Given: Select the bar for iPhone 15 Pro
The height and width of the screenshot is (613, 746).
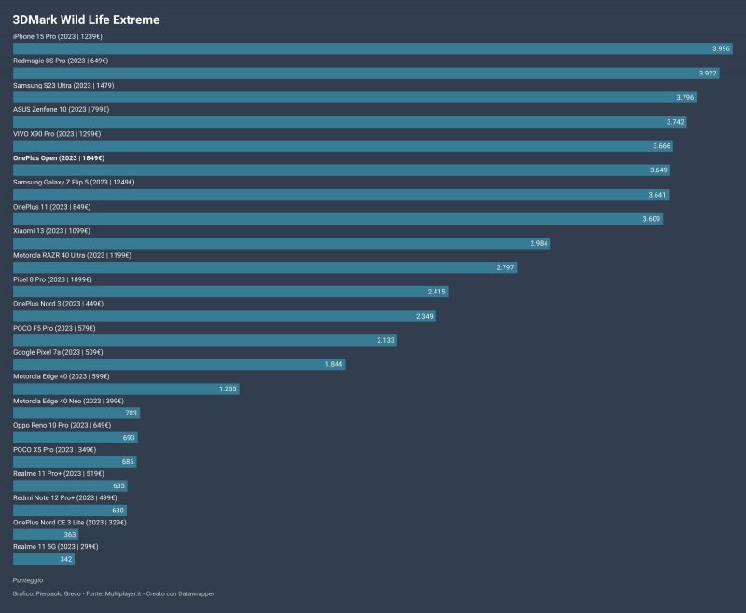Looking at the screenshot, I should pos(372,48).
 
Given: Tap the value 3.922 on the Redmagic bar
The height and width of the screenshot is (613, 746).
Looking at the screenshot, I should pos(708,73).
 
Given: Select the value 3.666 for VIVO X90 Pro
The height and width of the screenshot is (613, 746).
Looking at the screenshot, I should pos(661,145).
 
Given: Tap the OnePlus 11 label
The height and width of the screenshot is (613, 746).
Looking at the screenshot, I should pos(51,206).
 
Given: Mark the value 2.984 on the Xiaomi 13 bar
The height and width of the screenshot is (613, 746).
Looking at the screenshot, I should pos(539,242).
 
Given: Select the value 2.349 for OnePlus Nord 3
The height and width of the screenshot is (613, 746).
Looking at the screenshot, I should pos(425,315).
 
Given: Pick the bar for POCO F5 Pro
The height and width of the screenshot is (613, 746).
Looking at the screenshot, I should pos(205,339).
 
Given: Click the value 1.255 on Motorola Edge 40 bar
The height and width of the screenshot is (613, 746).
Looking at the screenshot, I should pos(228,388).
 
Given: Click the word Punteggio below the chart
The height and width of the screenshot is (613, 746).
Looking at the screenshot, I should pos(28,579).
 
